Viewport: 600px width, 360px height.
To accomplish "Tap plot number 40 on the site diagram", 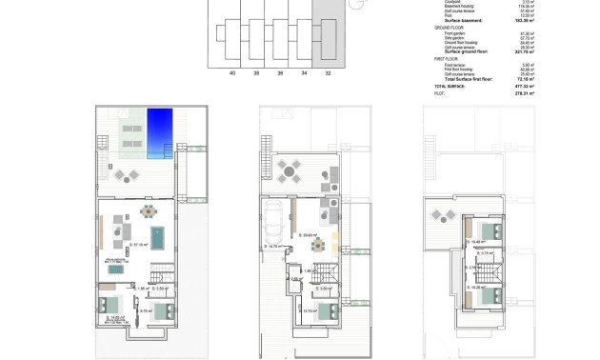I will pos(231,72).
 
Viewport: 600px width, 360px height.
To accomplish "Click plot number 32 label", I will pos(329,72).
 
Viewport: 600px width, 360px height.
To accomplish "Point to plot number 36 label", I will pos(280,72).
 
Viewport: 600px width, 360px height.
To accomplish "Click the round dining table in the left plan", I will pos(147,210).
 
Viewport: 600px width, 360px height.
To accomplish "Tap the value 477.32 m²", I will pos(522,86).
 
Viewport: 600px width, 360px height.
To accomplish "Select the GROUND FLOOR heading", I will pos(449,29).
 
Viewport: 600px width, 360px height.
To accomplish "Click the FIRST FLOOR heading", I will pos(446,59).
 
